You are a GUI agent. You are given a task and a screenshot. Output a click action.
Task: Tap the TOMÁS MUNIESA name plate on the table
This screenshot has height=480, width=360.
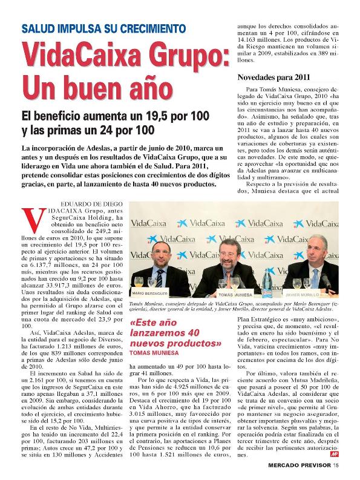[236, 294]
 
